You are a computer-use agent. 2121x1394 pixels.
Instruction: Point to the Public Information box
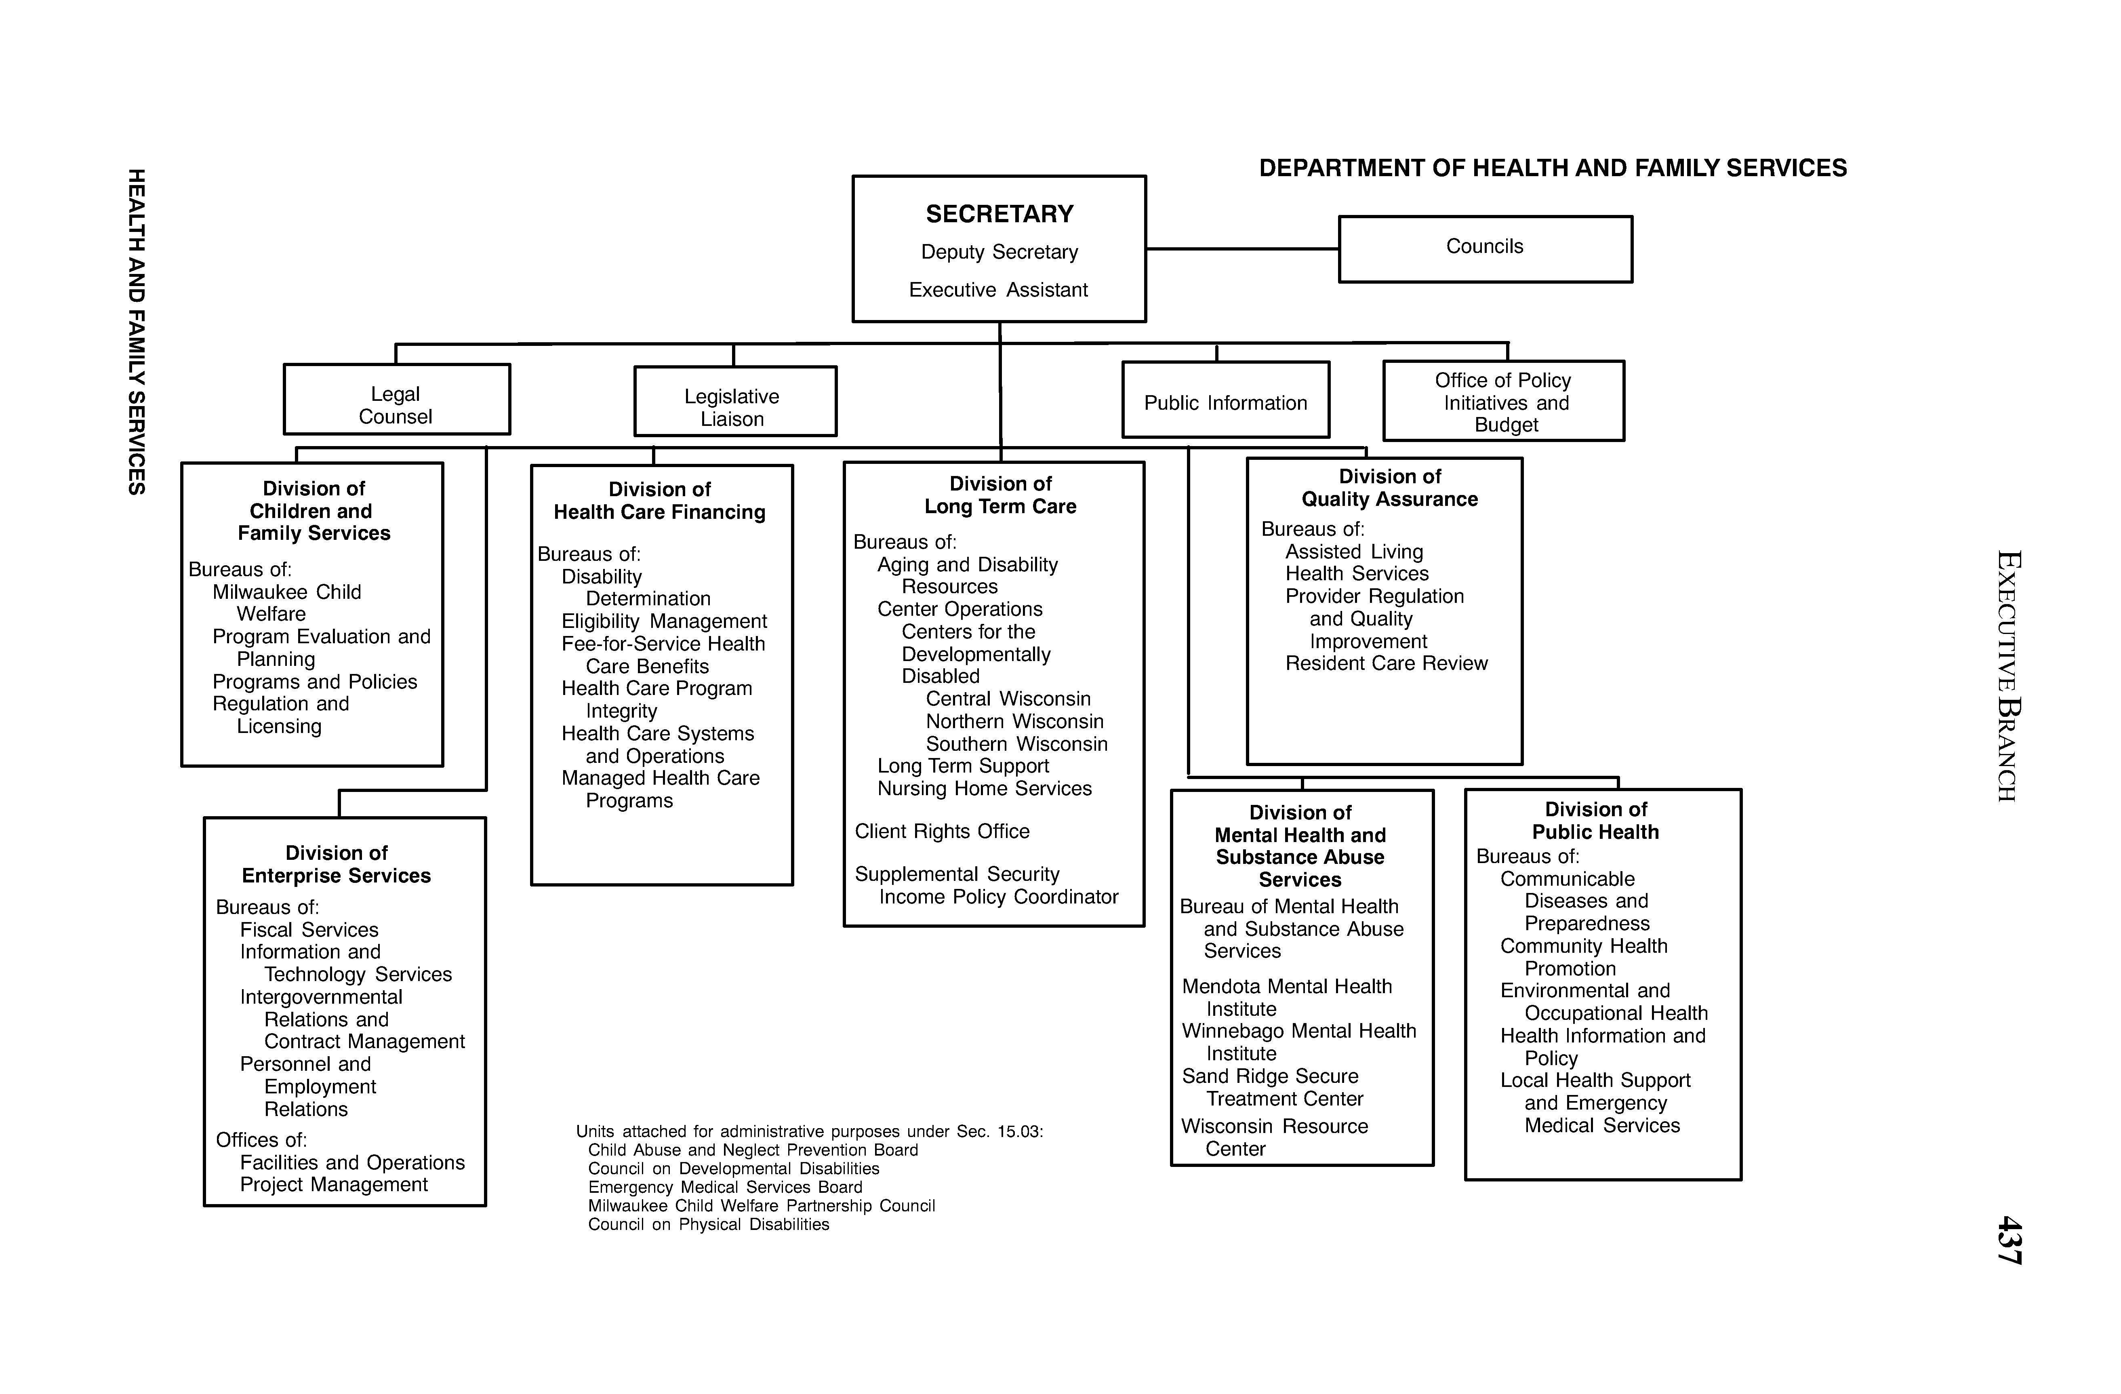coord(1225,403)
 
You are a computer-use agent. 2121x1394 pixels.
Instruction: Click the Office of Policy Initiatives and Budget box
coord(1503,402)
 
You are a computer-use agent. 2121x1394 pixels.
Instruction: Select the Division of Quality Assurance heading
coord(1389,489)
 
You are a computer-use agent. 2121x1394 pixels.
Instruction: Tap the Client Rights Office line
coord(942,832)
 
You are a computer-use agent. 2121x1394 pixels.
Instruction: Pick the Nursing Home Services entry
coord(984,789)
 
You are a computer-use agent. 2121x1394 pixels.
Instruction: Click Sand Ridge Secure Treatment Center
coord(1273,1087)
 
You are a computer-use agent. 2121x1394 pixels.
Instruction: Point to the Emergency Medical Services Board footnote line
coord(724,1187)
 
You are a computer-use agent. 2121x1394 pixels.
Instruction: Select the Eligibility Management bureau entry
coord(664,621)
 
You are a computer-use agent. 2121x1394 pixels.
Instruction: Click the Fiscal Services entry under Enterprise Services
coord(309,930)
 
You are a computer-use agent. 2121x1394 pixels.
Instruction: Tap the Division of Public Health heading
coord(1595,821)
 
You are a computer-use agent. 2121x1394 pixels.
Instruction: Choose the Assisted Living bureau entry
coord(1354,552)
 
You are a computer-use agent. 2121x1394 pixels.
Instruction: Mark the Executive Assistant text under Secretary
coord(998,290)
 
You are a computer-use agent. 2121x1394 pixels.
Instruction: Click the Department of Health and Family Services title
coord(1553,168)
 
